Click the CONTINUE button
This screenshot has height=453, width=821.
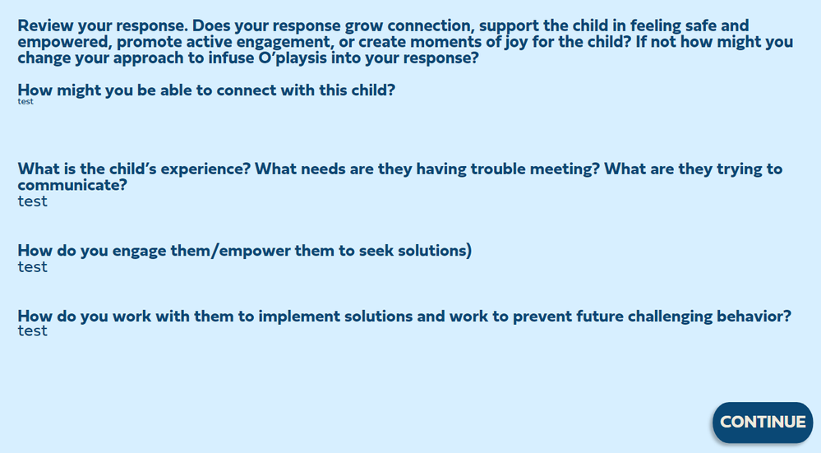tap(763, 422)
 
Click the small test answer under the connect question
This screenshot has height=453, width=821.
tap(25, 102)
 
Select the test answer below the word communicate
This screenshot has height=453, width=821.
tap(33, 201)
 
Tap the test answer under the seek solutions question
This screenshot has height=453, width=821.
tap(33, 267)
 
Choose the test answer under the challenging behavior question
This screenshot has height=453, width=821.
tap(33, 331)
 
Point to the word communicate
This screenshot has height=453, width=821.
tap(72, 185)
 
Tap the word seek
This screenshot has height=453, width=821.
tap(376, 250)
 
